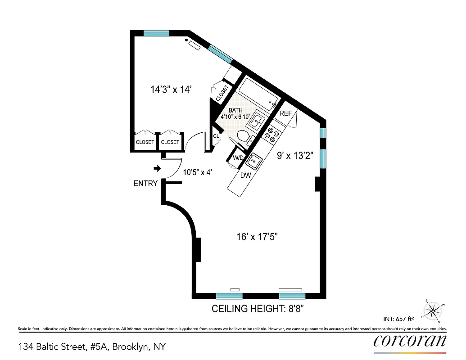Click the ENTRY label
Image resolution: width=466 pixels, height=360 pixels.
(x=145, y=184)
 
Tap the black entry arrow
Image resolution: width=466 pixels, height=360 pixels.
(x=157, y=168)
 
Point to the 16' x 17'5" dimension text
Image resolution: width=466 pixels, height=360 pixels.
(x=257, y=237)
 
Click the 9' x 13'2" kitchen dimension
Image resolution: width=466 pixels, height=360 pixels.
(x=295, y=156)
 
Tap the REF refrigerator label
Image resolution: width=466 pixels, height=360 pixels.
(x=286, y=113)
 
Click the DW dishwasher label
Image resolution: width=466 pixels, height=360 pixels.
(x=245, y=175)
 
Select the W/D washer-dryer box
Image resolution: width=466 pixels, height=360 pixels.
(x=238, y=158)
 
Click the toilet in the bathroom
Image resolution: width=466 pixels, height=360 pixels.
(x=243, y=136)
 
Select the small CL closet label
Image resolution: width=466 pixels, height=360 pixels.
(x=216, y=136)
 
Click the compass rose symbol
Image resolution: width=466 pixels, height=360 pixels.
(x=434, y=310)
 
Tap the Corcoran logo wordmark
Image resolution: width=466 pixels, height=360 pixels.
(x=410, y=341)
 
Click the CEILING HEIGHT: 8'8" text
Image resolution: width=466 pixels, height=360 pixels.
(x=260, y=309)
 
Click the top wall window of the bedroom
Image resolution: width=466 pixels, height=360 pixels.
(x=156, y=33)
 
